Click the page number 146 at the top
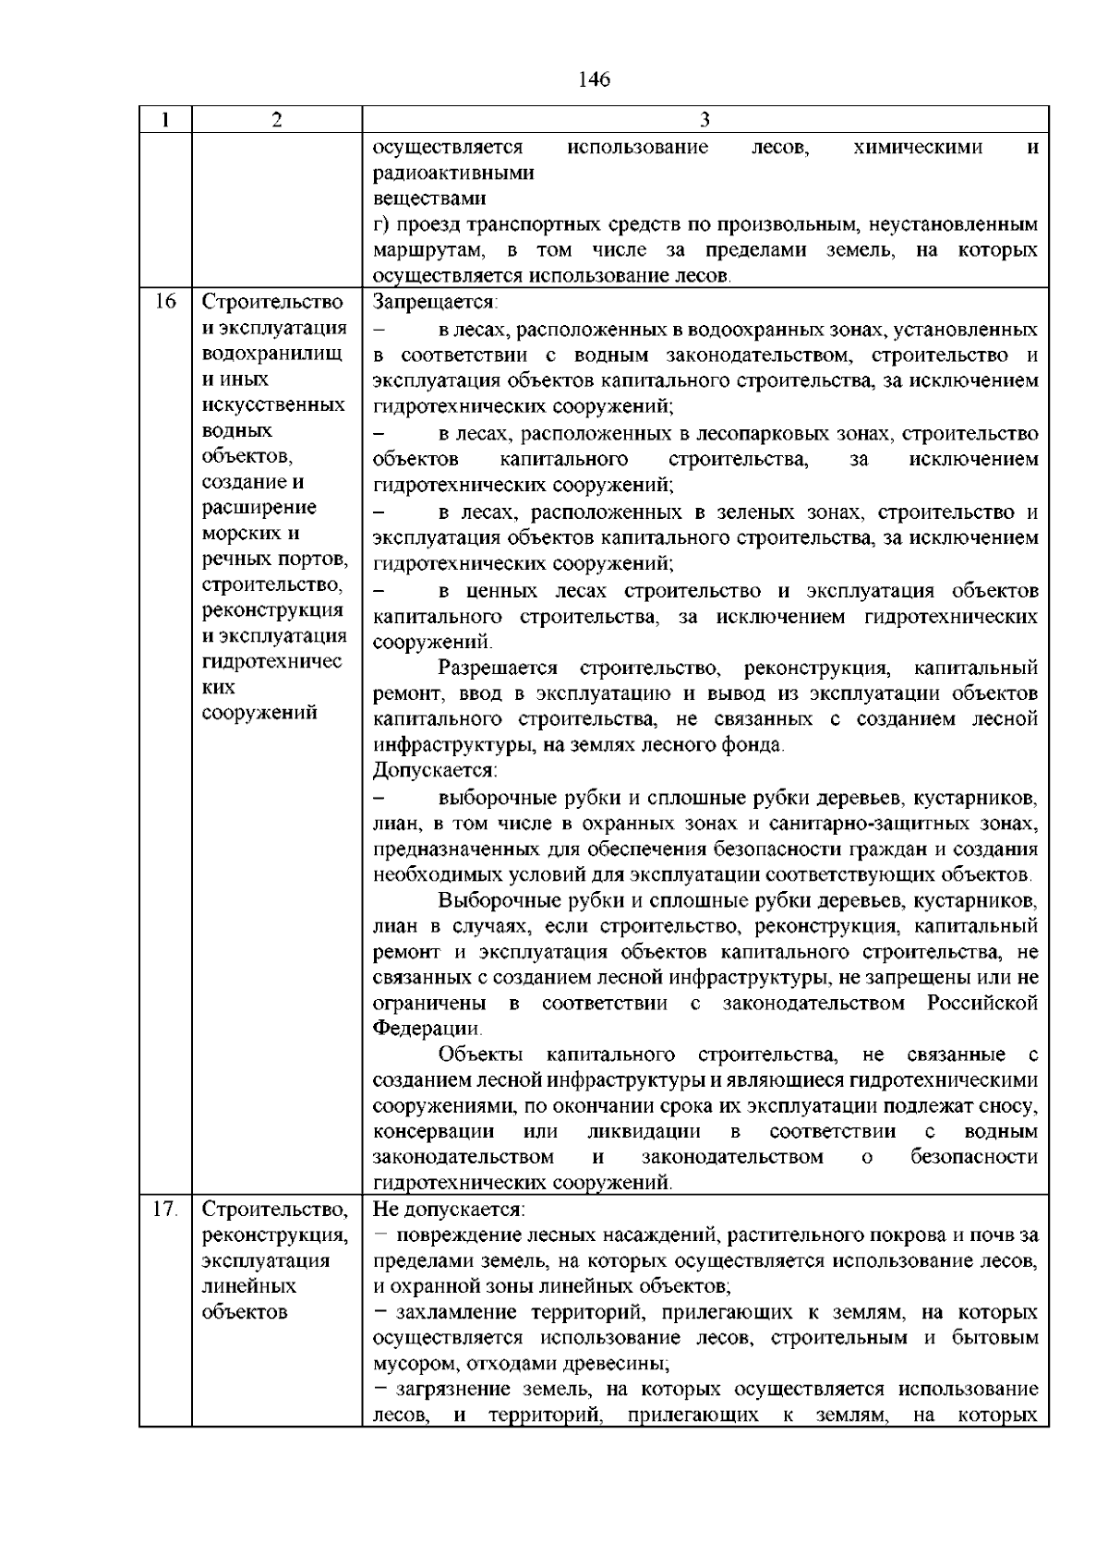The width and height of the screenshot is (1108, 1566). point(595,80)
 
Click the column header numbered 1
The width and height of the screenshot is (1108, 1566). point(164,120)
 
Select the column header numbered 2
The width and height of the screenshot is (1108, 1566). point(276,120)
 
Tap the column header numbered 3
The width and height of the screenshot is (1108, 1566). point(705,120)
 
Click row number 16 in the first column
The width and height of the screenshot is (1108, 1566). point(164,302)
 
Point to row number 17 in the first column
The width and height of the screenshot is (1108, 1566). point(164,1209)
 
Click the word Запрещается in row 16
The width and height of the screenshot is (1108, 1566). point(434,302)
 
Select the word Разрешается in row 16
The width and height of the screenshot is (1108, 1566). point(499,668)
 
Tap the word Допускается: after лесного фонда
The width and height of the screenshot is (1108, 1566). point(434,770)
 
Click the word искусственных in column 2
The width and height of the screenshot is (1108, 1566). point(273,405)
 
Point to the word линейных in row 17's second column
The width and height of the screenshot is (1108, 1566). point(248,1286)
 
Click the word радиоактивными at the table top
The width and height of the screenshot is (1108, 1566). point(453,174)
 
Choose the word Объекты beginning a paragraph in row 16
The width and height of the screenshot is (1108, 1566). point(481,1054)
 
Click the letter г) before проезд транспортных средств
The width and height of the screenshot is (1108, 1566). point(381,225)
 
